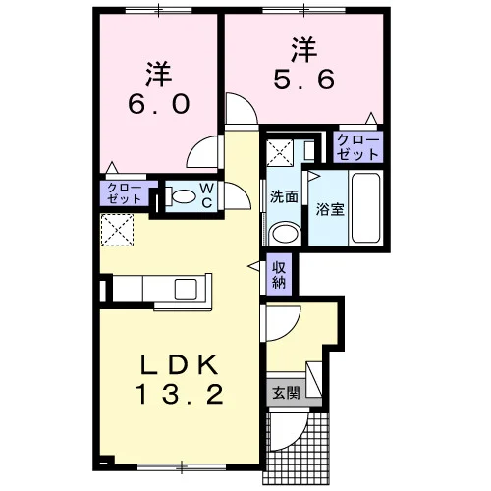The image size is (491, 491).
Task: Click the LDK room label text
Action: pos(179,364)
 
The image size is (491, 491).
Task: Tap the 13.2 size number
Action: pos(179,394)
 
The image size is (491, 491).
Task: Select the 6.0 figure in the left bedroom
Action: pos(159,104)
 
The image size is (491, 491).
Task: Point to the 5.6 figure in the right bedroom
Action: pos(304,79)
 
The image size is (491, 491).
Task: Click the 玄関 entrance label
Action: pos(287,392)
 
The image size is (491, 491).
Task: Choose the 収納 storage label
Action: pos(279,275)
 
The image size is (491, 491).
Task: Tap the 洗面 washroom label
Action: pos(284,197)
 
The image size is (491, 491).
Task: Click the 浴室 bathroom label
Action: pos(330,209)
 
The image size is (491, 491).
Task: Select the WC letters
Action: pos(207,195)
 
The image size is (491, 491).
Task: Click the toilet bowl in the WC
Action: pos(183,196)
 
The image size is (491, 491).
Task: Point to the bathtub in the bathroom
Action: pos(365,207)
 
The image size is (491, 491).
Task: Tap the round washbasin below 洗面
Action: pos(285,234)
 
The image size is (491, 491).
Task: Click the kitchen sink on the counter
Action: pos(186,289)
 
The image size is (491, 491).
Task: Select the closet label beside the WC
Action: pos(125,193)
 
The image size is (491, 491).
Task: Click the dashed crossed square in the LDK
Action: pos(117,230)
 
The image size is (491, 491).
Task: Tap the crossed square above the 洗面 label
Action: pos(280,152)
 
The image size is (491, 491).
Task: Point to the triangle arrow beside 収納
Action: pos(254,266)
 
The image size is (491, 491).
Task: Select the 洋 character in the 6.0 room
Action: pos(159,75)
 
